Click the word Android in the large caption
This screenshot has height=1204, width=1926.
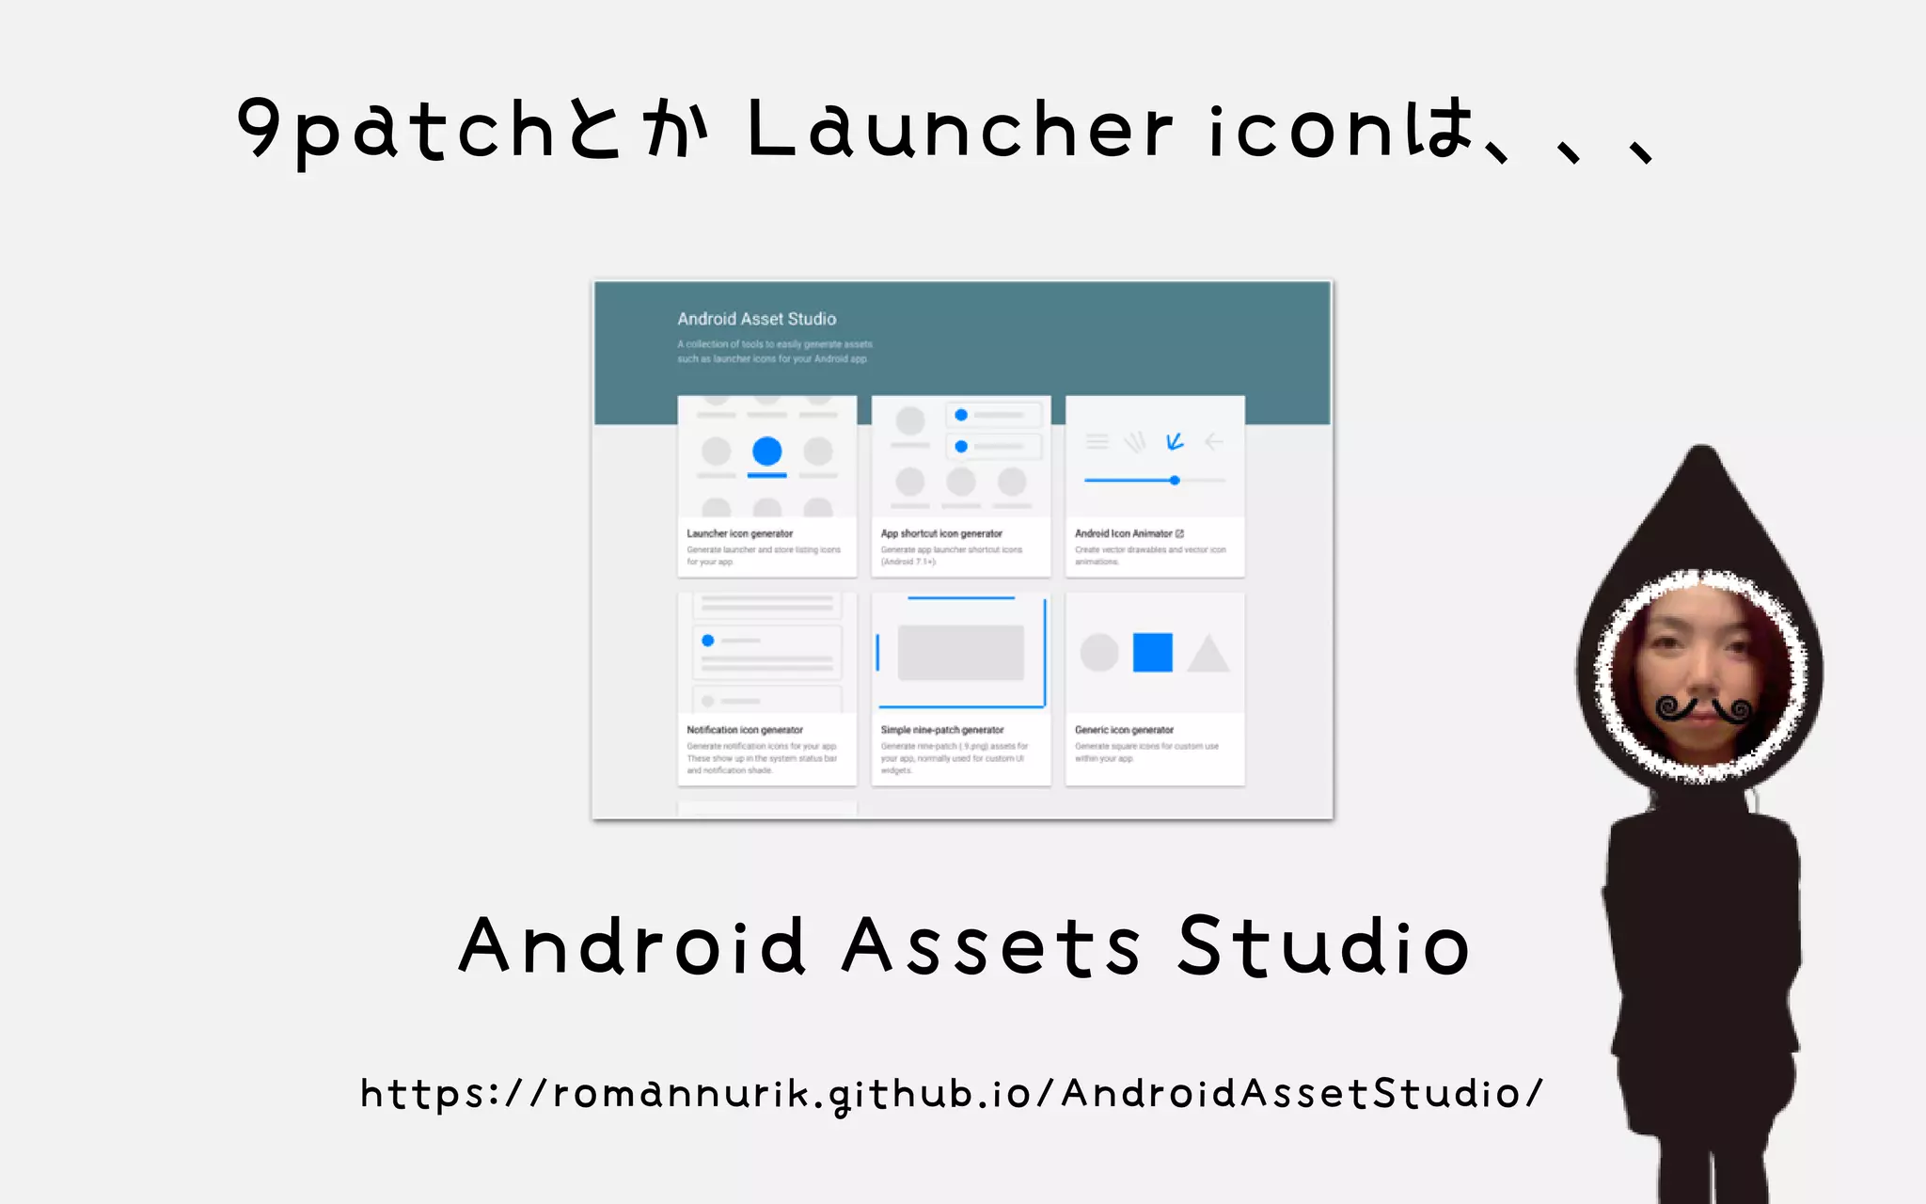[632, 946]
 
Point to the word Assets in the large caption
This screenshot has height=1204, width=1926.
[990, 946]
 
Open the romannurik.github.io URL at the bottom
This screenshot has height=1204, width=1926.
[951, 1094]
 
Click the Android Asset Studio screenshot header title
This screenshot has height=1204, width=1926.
[756, 319]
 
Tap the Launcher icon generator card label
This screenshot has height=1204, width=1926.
[739, 533]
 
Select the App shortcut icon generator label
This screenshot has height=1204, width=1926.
[941, 533]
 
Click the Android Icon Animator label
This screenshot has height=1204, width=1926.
[1124, 533]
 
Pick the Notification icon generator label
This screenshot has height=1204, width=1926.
[745, 730]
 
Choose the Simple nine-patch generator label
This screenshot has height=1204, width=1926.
[942, 730]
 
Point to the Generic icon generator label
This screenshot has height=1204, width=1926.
[1124, 730]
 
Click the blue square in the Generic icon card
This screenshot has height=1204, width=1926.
[1152, 652]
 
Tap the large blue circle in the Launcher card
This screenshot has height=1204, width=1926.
[767, 451]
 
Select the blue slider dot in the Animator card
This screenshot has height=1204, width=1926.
[1175, 481]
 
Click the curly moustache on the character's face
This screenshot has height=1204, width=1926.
[1703, 708]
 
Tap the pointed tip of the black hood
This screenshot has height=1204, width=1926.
[1701, 452]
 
